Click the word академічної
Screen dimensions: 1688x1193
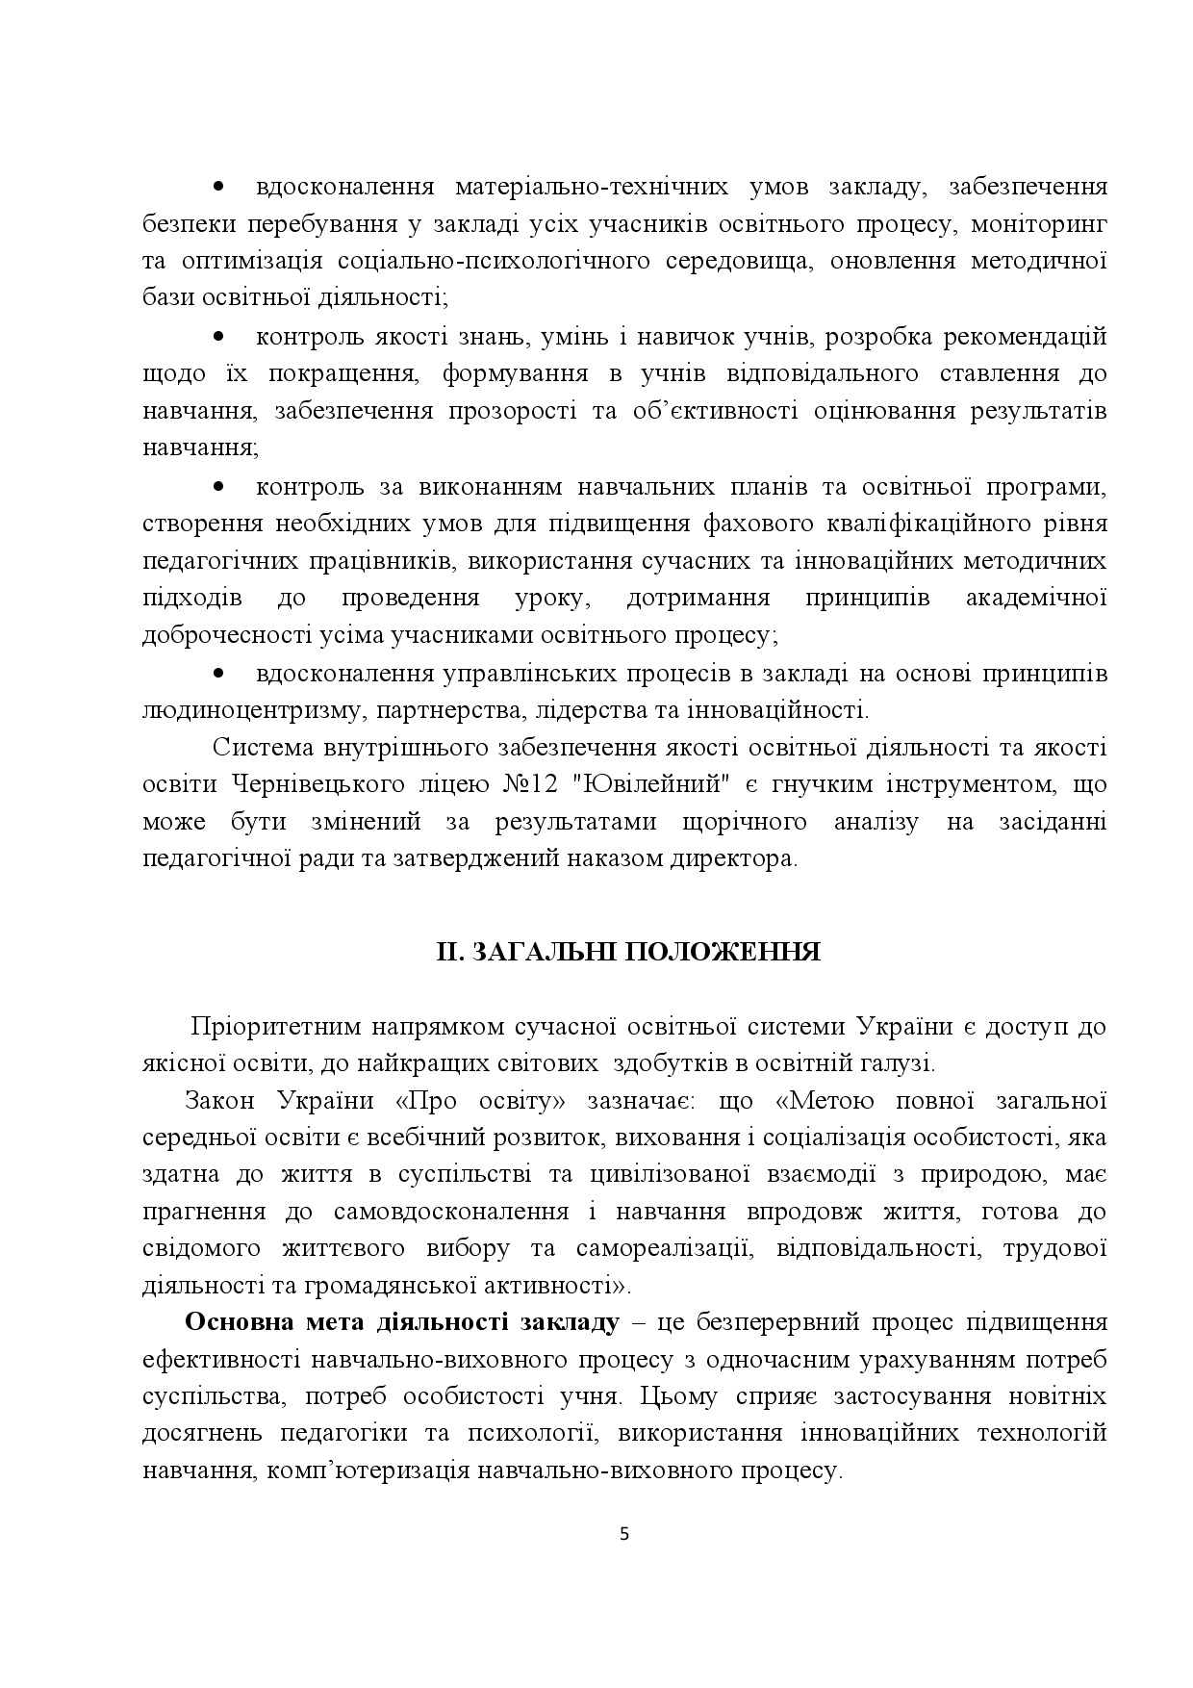pos(1035,598)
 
